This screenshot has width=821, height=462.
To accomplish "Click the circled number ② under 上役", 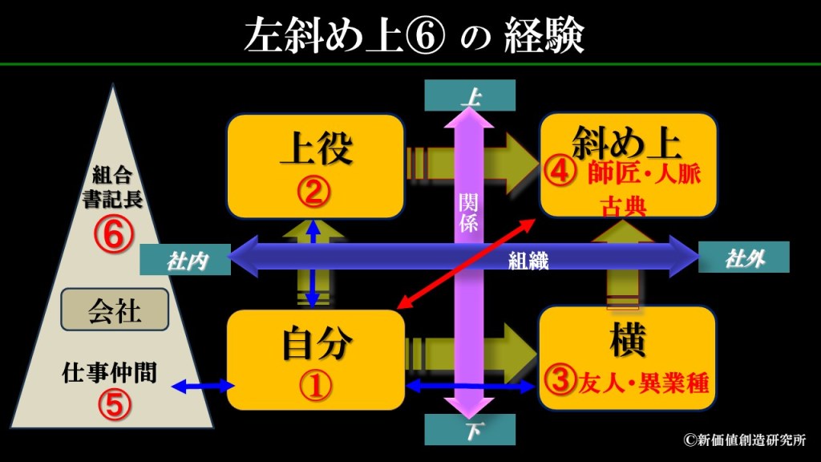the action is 313,192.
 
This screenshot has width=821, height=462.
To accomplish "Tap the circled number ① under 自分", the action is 315,386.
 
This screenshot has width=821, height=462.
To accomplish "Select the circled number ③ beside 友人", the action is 560,379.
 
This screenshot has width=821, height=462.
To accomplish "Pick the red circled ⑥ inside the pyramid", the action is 111,235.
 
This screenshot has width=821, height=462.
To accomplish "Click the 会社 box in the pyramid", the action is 115,310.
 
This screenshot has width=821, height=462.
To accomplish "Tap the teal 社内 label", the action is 185,260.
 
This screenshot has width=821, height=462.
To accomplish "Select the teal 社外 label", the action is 743,257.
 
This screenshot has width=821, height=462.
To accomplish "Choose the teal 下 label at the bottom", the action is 470,430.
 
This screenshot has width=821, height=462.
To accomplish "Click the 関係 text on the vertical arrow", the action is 468,213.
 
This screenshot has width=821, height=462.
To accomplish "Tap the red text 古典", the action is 624,206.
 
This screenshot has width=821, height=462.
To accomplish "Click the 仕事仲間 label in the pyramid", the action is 109,373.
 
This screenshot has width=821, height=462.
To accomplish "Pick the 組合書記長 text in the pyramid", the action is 112,188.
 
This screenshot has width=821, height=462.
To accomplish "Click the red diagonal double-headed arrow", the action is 465,265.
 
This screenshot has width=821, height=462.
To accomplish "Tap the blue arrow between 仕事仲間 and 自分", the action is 203,387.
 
